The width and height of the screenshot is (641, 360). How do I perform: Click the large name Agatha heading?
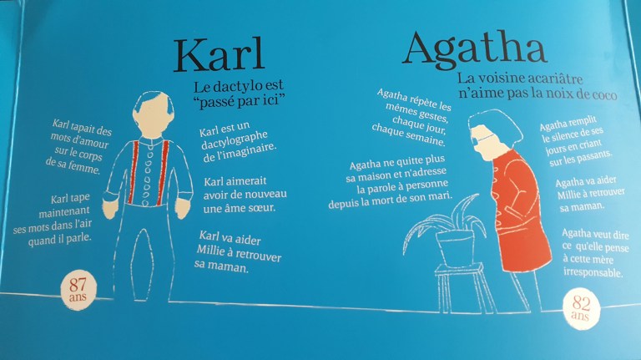(474, 49)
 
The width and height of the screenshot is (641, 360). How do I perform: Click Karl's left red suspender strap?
(132, 171)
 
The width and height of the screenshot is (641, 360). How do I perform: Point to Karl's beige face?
(149, 116)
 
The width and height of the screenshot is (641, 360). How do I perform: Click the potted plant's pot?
(454, 245)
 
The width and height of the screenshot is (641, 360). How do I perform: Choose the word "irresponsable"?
(593, 272)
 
